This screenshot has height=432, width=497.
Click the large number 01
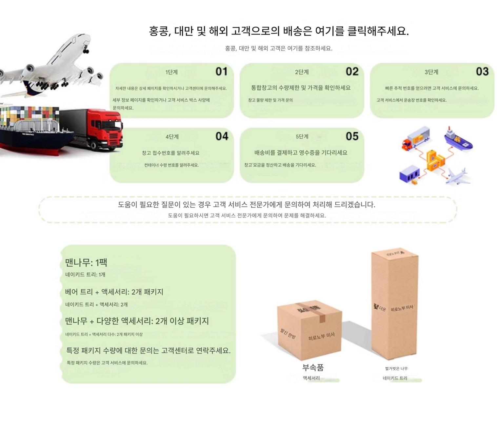[x=221, y=72]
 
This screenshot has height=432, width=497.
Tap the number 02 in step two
[x=352, y=72]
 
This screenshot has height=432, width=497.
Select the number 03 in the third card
[x=482, y=72]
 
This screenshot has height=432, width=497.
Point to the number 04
[x=222, y=136]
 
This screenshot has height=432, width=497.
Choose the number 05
[x=352, y=136]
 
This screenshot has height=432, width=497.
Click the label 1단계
[x=171, y=72]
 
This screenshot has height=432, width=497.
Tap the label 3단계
[x=431, y=72]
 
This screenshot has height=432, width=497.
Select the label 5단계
[x=302, y=136]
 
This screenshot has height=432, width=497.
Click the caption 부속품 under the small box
[x=313, y=367]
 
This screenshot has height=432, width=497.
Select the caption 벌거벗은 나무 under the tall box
[x=396, y=368]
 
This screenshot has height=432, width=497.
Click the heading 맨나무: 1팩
[x=86, y=262]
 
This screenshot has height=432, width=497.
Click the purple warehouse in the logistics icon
[x=409, y=174]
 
